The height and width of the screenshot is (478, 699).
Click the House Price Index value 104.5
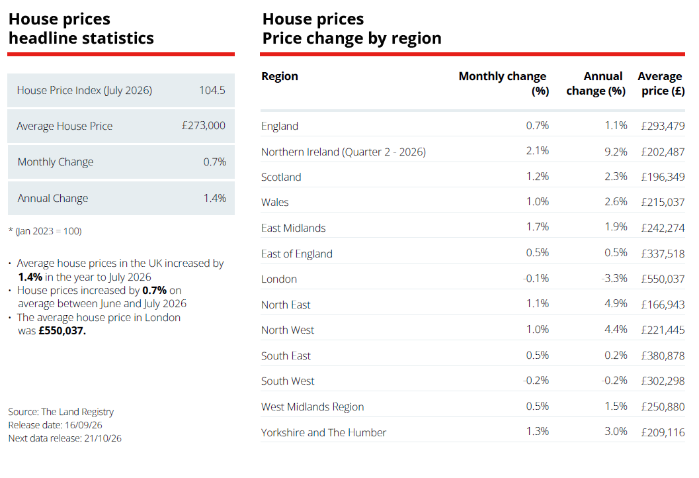point(212,90)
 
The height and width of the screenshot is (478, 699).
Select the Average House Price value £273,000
point(203,126)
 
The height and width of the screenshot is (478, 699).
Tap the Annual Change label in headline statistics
point(53,198)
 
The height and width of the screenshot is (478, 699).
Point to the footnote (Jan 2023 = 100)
point(45,231)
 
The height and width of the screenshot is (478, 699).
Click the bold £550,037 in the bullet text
point(62,331)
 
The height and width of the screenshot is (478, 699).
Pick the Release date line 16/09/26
point(56,425)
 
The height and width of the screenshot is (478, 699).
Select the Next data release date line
point(65,438)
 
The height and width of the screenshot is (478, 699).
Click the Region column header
point(280,76)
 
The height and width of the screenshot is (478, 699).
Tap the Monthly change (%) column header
point(504,83)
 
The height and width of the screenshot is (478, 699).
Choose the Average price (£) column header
point(661,83)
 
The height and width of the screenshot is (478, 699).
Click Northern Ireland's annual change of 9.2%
point(616,152)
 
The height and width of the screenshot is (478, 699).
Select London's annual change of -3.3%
point(614,279)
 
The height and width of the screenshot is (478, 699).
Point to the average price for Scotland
point(663,177)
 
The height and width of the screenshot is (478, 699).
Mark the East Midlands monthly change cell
point(537,227)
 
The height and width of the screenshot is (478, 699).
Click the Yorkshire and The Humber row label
point(323,432)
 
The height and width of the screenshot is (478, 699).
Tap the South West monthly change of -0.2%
point(536,381)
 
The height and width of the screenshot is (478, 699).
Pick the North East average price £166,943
point(663,305)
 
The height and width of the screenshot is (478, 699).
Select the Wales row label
point(275,202)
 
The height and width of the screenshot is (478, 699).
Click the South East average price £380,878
point(663,356)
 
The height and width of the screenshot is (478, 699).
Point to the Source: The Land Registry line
point(61,412)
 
